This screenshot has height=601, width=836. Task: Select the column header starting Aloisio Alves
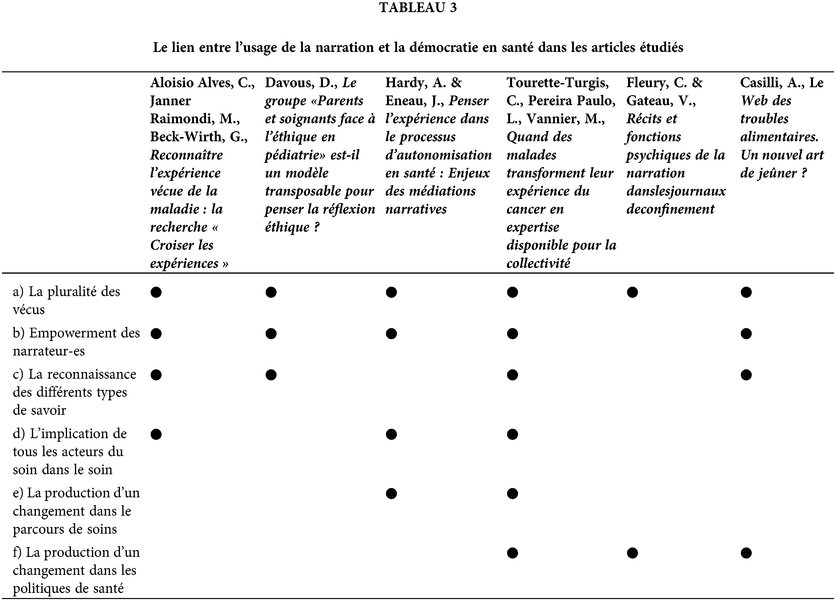[x=202, y=172]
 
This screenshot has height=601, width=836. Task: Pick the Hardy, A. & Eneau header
[x=438, y=146]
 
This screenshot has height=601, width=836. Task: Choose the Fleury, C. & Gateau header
[x=676, y=146]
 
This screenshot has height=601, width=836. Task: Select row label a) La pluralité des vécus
[x=66, y=300]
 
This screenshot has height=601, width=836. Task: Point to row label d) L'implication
[x=70, y=451]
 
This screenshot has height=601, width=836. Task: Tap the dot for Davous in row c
[x=271, y=375]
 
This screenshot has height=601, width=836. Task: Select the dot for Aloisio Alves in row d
[x=156, y=434]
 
